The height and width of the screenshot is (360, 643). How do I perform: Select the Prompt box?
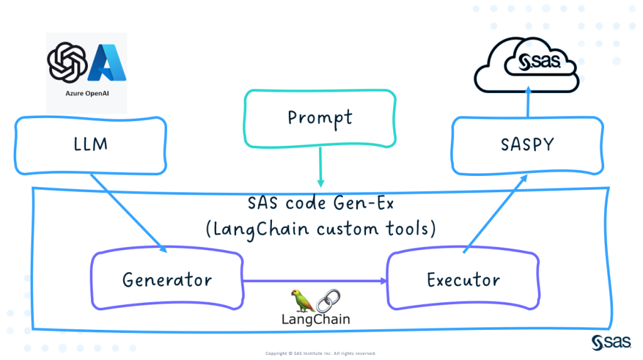point(320,117)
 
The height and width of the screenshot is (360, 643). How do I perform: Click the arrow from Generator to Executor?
point(314,280)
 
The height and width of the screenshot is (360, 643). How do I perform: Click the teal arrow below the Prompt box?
point(321,166)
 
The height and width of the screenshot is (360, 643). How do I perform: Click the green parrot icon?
point(303,300)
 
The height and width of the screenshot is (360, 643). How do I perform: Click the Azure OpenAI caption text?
point(87,101)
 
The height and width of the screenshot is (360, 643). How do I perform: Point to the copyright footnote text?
point(321,353)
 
